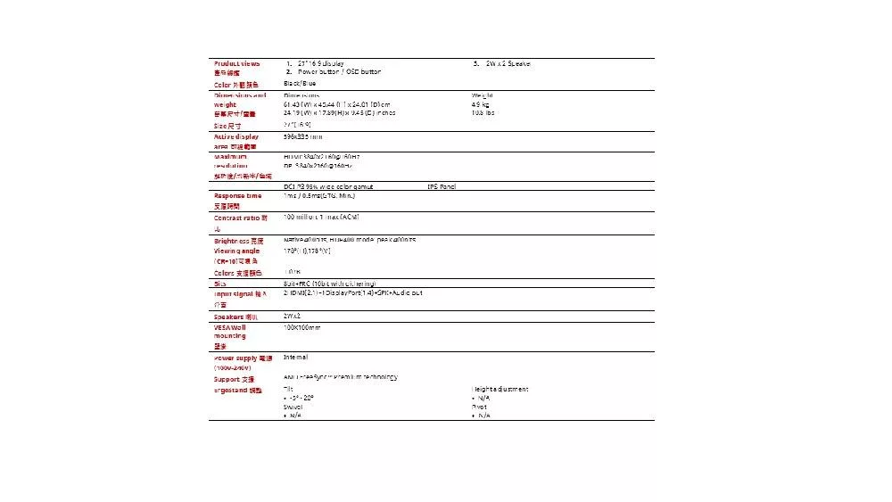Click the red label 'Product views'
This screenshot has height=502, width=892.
(x=237, y=63)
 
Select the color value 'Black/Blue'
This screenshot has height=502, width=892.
(x=300, y=83)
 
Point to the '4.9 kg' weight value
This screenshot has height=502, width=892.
(x=483, y=104)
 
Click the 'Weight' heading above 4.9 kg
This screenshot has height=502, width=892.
(x=483, y=95)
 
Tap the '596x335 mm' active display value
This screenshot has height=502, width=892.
(x=303, y=136)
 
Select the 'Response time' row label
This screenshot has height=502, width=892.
(x=237, y=195)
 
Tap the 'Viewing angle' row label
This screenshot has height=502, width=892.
(x=237, y=251)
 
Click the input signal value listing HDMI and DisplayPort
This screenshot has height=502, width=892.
(x=352, y=292)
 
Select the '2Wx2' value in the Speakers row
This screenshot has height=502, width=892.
(x=293, y=316)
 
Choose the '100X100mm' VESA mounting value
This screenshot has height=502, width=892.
(x=301, y=327)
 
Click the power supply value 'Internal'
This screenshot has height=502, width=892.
(x=296, y=357)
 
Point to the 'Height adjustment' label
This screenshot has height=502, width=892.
(x=500, y=389)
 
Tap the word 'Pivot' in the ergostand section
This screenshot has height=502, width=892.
(x=480, y=407)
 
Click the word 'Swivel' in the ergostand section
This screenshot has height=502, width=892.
(x=293, y=407)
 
